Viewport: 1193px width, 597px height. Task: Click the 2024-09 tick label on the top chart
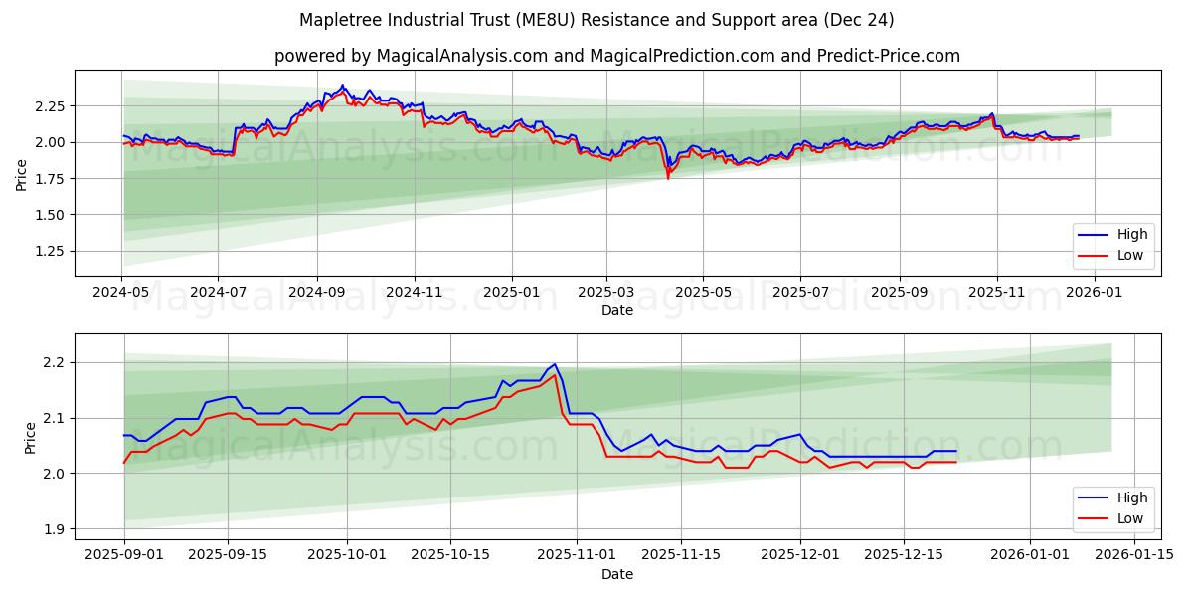coord(317,293)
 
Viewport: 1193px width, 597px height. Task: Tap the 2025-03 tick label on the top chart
coord(606,293)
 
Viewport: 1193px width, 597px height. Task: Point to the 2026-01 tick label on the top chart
coord(1093,293)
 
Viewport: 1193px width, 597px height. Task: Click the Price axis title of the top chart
coord(22,176)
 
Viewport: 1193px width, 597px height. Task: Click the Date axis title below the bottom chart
coord(617,574)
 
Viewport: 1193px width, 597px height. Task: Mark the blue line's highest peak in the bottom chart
coord(554,364)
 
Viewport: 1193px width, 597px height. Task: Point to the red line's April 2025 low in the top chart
coord(668,178)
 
